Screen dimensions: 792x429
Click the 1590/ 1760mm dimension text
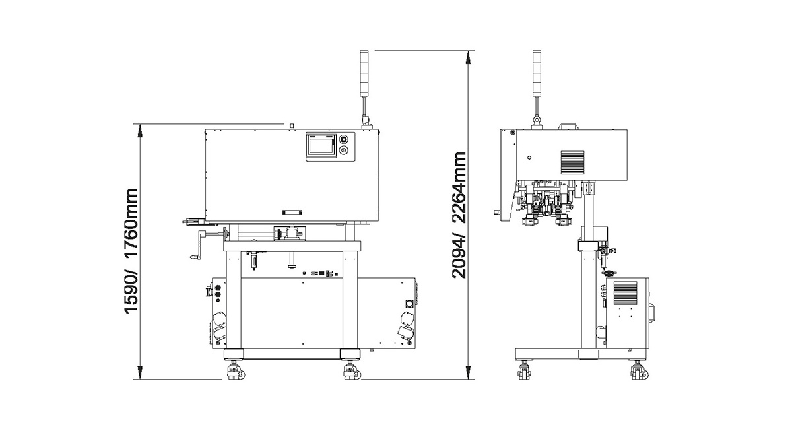131,251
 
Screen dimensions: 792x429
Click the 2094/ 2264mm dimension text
459,215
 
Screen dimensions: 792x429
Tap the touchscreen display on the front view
321,146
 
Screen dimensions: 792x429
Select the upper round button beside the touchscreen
343,139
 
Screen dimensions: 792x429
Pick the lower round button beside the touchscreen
343,150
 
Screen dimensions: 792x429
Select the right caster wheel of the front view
352,371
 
